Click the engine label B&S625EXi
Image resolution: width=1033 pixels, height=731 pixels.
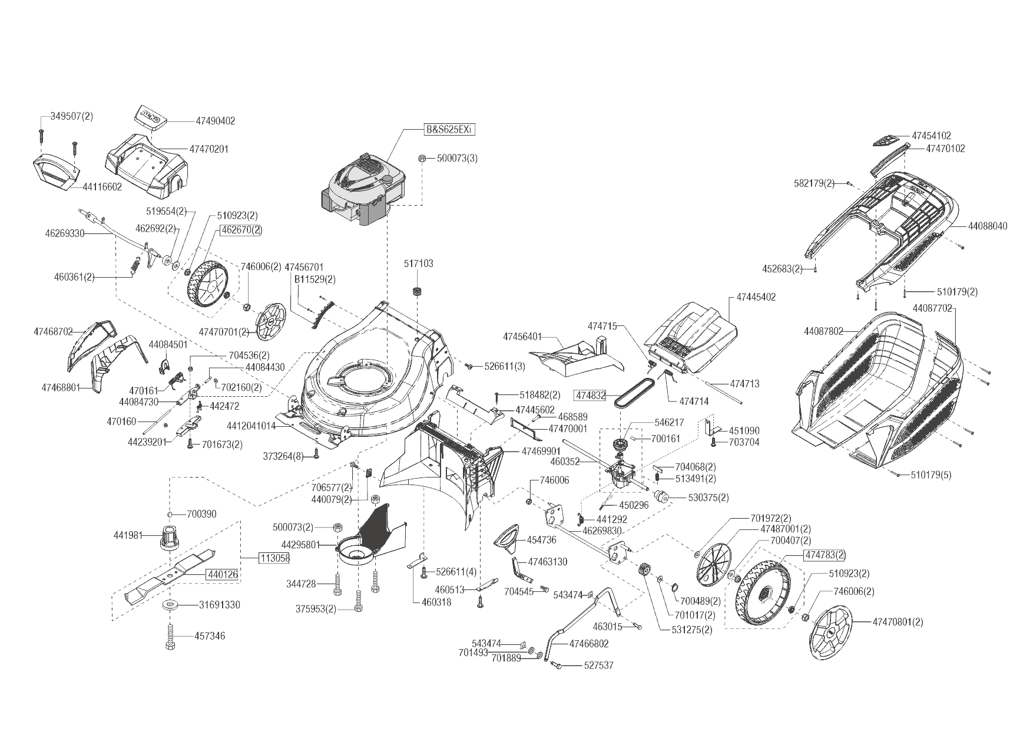coord(449,130)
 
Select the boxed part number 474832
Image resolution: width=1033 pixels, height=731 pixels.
coord(590,396)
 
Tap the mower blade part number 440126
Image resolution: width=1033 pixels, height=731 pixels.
coord(222,574)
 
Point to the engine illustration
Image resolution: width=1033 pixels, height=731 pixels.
coord(362,189)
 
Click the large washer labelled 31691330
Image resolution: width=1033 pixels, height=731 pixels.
coord(171,605)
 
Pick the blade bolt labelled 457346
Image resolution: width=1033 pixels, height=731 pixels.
coord(170,636)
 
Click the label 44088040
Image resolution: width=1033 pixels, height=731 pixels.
coord(987,226)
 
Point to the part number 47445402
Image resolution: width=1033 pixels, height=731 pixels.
coord(756,297)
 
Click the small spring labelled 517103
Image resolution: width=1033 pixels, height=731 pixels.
coord(419,291)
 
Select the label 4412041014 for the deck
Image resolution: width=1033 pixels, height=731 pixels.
coord(251,425)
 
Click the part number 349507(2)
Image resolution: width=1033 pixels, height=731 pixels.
coord(68,116)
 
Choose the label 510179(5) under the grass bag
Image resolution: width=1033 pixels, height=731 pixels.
coord(931,475)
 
